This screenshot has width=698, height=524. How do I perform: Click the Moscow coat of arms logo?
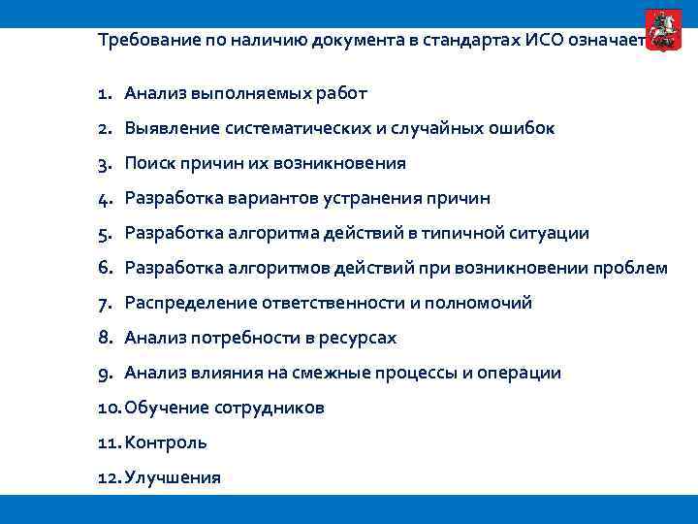tap(663, 28)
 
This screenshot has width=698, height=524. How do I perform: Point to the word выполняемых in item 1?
tap(240, 94)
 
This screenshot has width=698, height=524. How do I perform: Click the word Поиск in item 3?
tap(149, 164)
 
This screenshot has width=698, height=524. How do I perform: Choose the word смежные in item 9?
tap(326, 374)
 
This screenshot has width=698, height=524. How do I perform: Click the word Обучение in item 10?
tap(162, 409)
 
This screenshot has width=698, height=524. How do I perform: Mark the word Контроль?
tap(166, 443)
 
